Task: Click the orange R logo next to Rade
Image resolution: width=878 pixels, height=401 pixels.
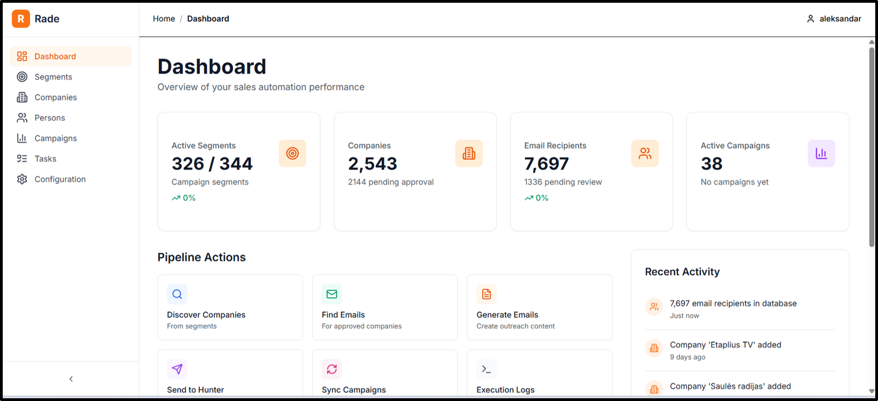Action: click(x=21, y=19)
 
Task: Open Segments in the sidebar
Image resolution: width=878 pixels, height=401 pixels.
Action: click(x=53, y=77)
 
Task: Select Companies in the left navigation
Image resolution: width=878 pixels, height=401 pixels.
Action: click(x=55, y=97)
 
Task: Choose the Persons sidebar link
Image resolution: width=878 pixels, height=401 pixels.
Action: click(x=49, y=118)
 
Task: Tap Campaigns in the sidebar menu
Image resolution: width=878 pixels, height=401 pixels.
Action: click(x=55, y=138)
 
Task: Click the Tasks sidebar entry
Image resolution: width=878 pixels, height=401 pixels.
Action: click(x=45, y=159)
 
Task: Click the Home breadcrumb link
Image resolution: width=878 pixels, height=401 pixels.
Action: click(x=164, y=19)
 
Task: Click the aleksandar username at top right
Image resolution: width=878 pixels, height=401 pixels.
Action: click(x=840, y=19)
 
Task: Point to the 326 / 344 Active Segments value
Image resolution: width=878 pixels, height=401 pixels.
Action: click(x=212, y=164)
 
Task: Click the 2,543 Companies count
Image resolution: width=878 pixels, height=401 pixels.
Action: click(x=373, y=164)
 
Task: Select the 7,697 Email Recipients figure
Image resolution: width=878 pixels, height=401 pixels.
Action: click(x=546, y=164)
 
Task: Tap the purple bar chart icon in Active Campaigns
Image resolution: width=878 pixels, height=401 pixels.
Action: click(x=821, y=153)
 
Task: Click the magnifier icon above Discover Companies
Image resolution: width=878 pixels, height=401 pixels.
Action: click(x=177, y=294)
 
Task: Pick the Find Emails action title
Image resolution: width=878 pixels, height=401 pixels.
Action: click(x=343, y=315)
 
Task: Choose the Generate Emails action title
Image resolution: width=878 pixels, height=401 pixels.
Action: click(x=507, y=315)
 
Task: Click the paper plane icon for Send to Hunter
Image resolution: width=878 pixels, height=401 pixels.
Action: click(x=177, y=369)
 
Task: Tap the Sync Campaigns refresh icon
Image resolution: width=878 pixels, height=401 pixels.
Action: click(x=332, y=369)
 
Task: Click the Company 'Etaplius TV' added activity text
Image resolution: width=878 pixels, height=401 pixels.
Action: click(x=725, y=345)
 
